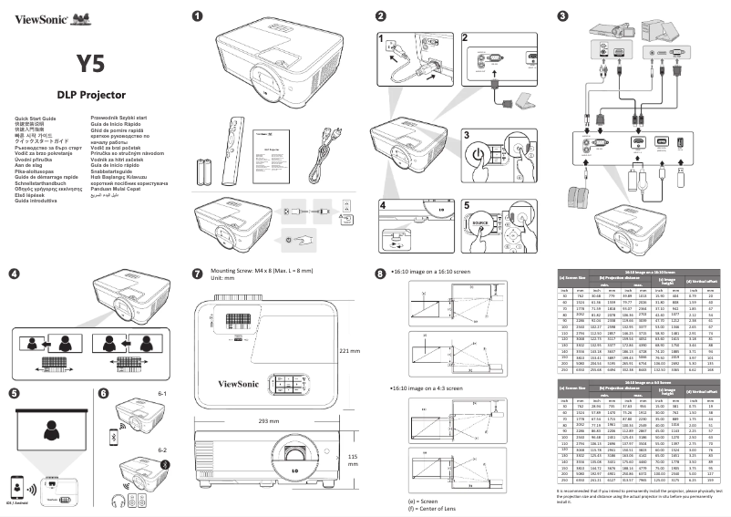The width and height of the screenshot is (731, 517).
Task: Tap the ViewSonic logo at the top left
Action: click(x=43, y=16)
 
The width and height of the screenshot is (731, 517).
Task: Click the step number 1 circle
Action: click(x=196, y=15)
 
